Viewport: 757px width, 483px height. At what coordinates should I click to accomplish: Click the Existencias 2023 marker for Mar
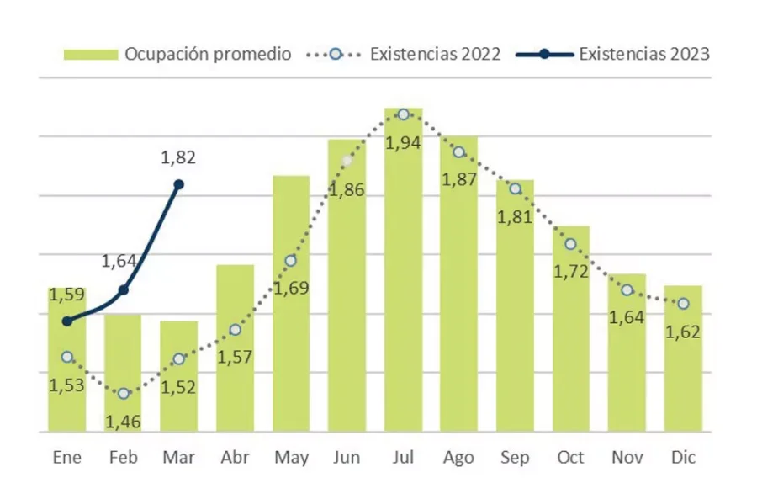tap(178, 184)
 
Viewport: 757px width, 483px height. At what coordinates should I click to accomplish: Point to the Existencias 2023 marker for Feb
tap(124, 289)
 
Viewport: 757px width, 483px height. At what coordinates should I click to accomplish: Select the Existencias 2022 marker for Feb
tap(124, 393)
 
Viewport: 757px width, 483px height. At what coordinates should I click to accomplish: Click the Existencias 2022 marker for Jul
tap(404, 114)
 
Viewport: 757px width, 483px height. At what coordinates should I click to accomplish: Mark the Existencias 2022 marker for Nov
tap(627, 289)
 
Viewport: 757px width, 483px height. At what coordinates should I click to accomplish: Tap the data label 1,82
tap(177, 157)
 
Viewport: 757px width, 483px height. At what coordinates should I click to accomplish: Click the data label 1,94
tap(404, 142)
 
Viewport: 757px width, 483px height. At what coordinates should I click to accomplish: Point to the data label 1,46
tap(124, 419)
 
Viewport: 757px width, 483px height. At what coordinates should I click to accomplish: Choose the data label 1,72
tap(571, 272)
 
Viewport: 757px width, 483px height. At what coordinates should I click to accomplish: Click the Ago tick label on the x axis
tap(458, 458)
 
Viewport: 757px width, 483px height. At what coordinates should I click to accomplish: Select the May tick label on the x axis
tap(291, 458)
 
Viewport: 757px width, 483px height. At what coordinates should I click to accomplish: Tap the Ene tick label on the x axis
tap(67, 458)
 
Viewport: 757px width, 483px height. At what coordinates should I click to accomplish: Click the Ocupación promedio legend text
tap(208, 54)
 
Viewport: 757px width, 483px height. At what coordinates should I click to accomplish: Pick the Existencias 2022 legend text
tap(435, 54)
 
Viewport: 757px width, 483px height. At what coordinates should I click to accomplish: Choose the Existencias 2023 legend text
tap(644, 54)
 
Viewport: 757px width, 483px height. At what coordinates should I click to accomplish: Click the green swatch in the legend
tap(91, 54)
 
